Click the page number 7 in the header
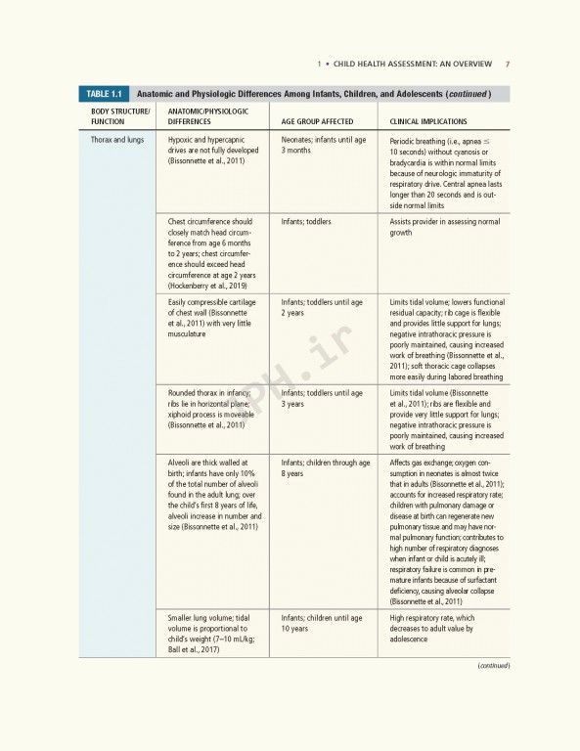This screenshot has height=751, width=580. (507, 65)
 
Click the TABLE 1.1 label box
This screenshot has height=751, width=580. (103, 94)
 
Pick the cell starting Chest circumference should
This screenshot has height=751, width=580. (209, 253)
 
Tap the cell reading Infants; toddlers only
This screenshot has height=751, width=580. (305, 222)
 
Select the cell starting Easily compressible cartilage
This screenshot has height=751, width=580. (208, 319)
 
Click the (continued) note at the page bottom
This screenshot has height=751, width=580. (493, 666)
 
